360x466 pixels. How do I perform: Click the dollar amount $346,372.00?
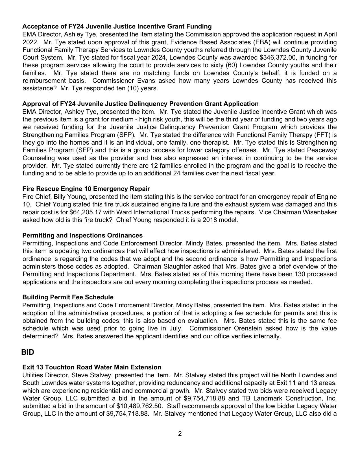277,58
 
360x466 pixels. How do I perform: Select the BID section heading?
28,352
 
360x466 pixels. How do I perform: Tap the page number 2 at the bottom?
180,434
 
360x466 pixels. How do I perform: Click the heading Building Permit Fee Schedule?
68,297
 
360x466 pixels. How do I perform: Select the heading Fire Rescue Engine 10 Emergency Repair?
86,189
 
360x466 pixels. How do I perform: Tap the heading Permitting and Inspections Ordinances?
82,236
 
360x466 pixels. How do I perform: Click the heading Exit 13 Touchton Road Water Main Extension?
92,367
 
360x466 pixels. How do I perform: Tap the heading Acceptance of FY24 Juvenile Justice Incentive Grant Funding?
117,27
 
